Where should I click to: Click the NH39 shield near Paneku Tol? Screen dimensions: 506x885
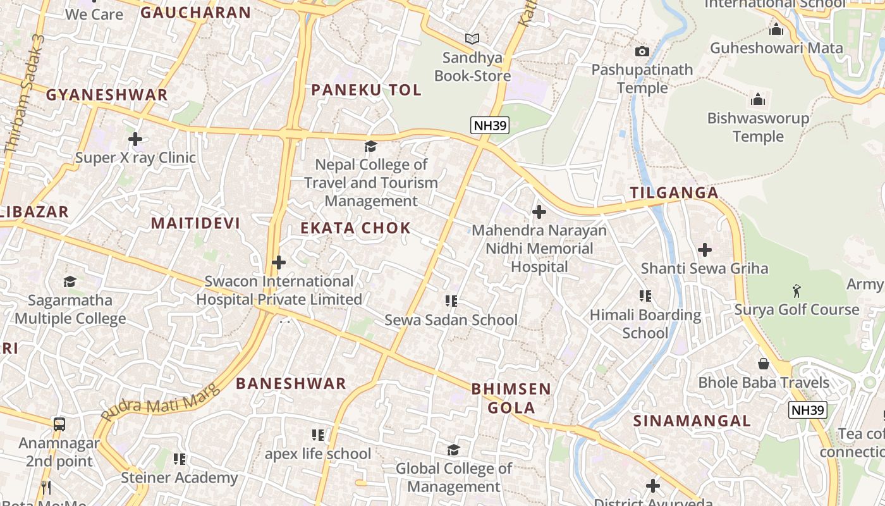coord(490,125)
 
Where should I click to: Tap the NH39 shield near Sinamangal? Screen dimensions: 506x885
coord(808,410)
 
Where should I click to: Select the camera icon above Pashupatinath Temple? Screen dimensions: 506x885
coord(642,51)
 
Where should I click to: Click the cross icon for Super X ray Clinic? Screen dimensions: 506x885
coord(135,139)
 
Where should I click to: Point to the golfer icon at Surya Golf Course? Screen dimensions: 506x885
coord(796,291)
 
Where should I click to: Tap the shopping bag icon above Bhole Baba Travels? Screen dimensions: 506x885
coord(764,364)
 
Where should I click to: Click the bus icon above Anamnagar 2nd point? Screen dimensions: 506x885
coord(59,424)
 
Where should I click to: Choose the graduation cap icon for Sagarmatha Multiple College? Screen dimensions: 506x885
coord(70,281)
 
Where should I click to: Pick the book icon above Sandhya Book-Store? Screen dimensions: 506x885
coord(472,39)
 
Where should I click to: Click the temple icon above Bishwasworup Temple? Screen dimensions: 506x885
coord(757,99)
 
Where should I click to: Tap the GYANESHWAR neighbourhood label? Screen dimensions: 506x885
coord(107,95)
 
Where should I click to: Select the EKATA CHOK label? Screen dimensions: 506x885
coord(355,228)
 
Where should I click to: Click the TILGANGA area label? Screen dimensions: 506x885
coord(674,193)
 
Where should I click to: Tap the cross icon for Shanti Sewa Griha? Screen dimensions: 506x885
coord(704,250)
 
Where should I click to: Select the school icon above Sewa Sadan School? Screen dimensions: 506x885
coord(451,301)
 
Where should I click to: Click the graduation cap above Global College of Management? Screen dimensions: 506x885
coord(453,450)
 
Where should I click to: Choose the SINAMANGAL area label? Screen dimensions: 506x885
coord(692,421)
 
